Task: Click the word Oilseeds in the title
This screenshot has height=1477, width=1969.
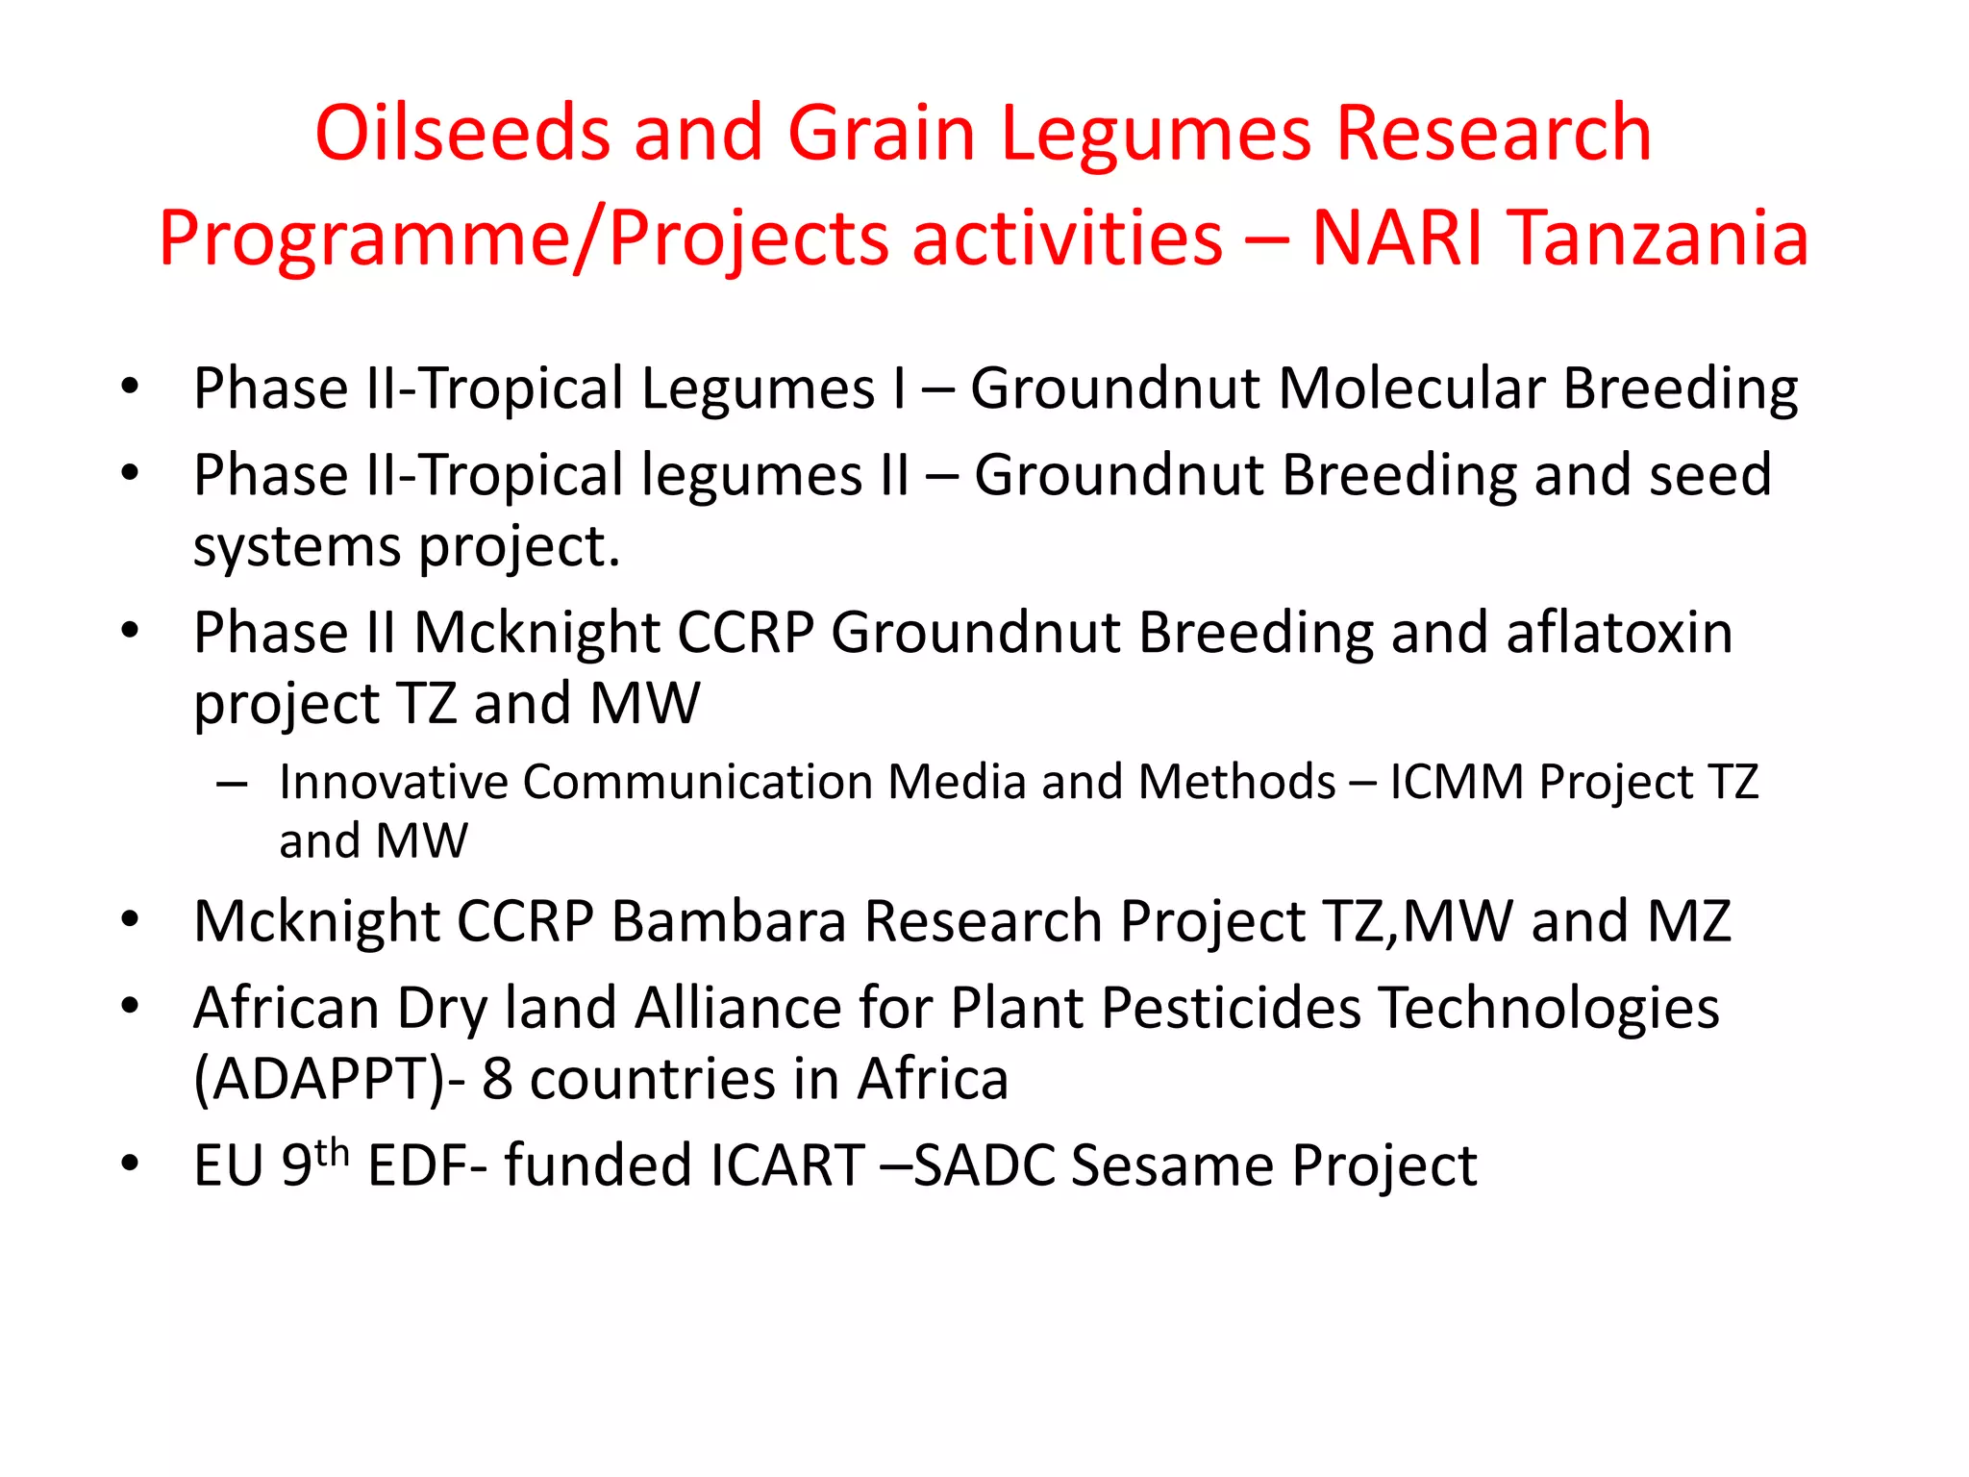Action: [x=462, y=133]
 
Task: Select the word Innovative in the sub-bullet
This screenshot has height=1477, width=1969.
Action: [x=392, y=782]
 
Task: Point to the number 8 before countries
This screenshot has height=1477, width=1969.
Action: [x=496, y=1079]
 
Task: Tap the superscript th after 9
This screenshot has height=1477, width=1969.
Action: [x=332, y=1152]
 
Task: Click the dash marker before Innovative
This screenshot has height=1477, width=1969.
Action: [x=232, y=785]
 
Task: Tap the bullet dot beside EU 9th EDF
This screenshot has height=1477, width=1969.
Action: [x=130, y=1164]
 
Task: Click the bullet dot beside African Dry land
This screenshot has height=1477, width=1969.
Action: [x=130, y=1007]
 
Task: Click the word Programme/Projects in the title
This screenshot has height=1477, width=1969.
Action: [x=523, y=238]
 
